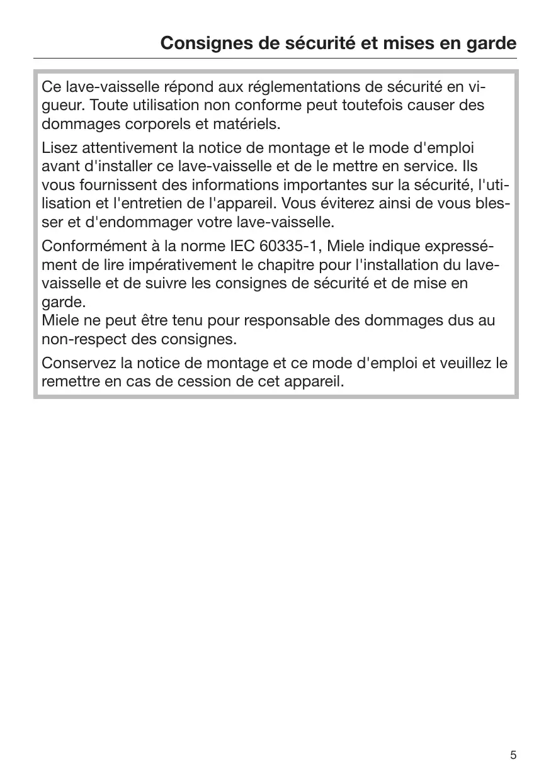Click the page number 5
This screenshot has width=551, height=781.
pos(513,755)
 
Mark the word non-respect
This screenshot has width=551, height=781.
pos(79,340)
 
